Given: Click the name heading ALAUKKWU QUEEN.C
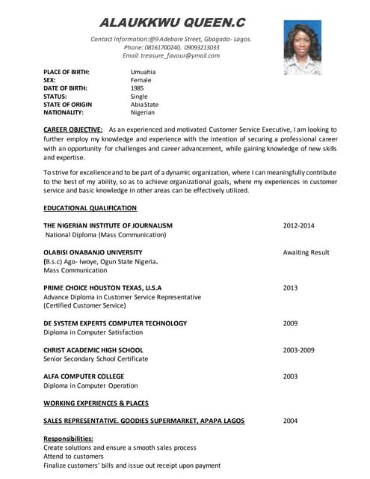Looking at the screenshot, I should pyautogui.click(x=172, y=22).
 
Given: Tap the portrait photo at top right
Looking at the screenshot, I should pyautogui.click(x=302, y=47).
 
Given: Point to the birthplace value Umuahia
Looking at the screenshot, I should pyautogui.click(x=144, y=72).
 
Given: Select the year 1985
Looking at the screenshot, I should pyautogui.click(x=138, y=88).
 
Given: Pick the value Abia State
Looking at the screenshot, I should pyautogui.click(x=144, y=105).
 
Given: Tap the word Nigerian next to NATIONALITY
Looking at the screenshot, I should pyautogui.click(x=143, y=113).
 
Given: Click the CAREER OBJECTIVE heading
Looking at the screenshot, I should pyautogui.click(x=73, y=130).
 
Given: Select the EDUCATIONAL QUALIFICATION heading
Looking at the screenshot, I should pyautogui.click(x=90, y=208).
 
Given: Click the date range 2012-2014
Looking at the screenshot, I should pyautogui.click(x=298, y=225).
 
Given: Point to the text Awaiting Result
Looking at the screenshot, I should pyautogui.click(x=306, y=253).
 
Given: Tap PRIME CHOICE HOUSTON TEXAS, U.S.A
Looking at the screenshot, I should pyautogui.click(x=102, y=288).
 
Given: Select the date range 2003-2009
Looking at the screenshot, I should pyautogui.click(x=298, y=350).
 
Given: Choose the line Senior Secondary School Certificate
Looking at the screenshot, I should pyautogui.click(x=96, y=359).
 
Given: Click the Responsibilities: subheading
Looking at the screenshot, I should pyautogui.click(x=68, y=439).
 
